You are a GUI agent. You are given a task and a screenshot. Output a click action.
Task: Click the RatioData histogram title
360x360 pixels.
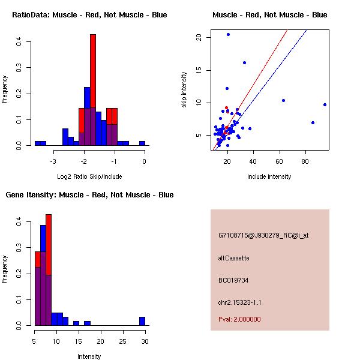[x=89, y=14]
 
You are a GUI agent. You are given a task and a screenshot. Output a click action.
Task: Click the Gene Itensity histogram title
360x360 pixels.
[x=89, y=194]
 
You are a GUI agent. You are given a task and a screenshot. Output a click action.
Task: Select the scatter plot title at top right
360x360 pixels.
[x=269, y=14]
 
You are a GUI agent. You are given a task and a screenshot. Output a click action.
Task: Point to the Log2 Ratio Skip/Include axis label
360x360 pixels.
[x=89, y=176]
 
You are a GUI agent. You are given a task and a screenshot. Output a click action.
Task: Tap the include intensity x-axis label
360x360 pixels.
[x=269, y=176]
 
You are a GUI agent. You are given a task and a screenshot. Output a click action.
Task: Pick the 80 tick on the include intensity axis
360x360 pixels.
[x=305, y=161]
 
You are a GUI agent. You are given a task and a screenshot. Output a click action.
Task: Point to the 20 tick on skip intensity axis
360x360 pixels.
[x=199, y=37]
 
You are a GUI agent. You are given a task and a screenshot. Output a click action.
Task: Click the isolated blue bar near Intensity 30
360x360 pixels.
[x=142, y=321]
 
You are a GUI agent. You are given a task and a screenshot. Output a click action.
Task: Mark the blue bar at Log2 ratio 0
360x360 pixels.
[x=142, y=143]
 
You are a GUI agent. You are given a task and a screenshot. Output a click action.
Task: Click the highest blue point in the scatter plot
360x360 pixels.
[x=228, y=34]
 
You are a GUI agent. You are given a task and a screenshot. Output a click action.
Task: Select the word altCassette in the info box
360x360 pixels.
[x=233, y=258]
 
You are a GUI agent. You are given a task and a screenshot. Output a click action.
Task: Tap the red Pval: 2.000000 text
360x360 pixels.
[x=239, y=319]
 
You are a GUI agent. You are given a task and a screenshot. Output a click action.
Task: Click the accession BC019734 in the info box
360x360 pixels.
[x=233, y=280]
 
